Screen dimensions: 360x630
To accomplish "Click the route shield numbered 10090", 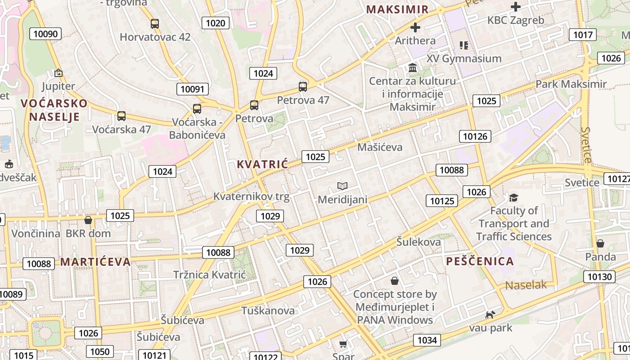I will coord(45,34).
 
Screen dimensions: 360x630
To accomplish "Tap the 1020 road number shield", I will coord(216,23).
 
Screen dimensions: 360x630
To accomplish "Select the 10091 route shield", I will coord(192,89).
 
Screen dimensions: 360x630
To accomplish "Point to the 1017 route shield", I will coord(582,35).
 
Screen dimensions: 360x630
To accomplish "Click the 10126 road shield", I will coord(475,136).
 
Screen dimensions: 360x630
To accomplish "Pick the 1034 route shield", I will coord(427,340).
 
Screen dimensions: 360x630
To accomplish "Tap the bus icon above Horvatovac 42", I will coord(155,24).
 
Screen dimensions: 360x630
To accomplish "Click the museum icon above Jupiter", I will coord(58,72).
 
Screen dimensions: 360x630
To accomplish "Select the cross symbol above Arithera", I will coord(415,27).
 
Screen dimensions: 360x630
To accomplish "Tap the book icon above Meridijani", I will coord(342,186).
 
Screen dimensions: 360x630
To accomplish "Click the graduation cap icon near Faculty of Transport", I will coord(513,198).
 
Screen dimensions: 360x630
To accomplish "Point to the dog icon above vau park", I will coord(490,315).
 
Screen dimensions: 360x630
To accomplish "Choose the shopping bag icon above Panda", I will coord(600,243).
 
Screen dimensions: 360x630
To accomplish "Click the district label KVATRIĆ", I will coord(262,165).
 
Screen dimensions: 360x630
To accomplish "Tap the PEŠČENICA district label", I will coord(480,261).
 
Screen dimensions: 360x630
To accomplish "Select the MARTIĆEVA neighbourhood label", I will coord(95,262).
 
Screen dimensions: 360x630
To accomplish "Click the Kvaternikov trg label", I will coord(251,197).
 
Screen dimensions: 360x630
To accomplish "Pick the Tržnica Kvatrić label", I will coord(210,274).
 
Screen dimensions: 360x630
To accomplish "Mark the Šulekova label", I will coord(418,242).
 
